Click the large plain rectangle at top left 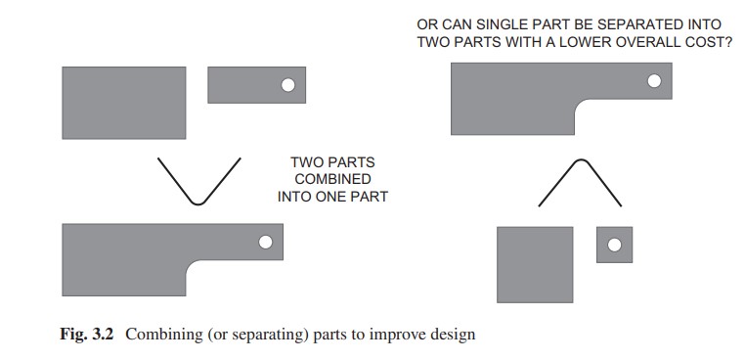[124, 103]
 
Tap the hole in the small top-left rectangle [287, 85]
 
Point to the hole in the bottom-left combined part [266, 242]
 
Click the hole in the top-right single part [654, 81]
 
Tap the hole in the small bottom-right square [614, 245]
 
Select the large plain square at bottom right [535, 264]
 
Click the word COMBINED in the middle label [332, 179]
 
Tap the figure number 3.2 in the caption [103, 334]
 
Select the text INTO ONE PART [332, 197]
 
